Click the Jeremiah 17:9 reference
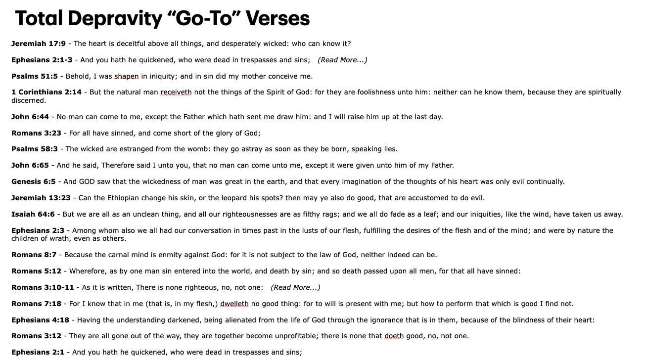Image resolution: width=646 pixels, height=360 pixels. coord(38,44)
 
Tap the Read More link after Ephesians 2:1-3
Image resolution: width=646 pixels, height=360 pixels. coord(342,60)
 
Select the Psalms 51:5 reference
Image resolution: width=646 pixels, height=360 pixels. coord(34,76)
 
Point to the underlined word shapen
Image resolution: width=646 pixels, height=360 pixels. coord(126,76)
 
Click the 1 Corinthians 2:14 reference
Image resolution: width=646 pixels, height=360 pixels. coord(46,92)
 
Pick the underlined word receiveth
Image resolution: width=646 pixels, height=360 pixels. coord(176,92)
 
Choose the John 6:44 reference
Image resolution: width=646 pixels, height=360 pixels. coord(30,117)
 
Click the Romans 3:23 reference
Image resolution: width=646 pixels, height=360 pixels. coord(36,133)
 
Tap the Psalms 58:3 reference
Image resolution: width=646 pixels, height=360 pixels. coord(34,149)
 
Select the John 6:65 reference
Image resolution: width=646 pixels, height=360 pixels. coord(30,165)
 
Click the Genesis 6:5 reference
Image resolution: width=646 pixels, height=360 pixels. coord(33,181)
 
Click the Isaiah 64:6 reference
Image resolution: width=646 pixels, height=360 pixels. coord(33,214)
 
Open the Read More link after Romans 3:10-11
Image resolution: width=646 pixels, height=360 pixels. coord(295,287)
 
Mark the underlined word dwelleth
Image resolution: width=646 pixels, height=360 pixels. coord(234,304)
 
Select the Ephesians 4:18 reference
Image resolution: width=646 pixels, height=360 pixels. coord(40,320)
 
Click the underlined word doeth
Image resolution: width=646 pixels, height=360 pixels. coord(394,336)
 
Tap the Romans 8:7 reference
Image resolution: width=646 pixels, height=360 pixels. coord(34,255)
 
